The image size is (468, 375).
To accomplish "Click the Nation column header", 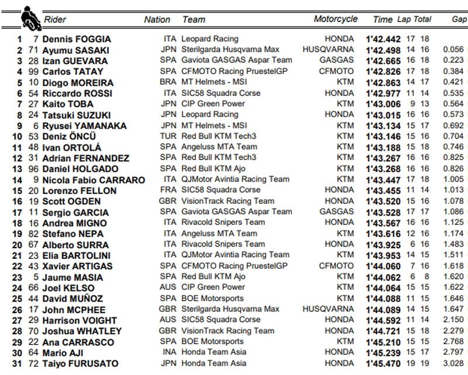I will tap(157, 19).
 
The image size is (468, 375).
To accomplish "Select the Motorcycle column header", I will tap(335, 19).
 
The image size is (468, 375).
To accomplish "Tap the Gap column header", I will tap(459, 19).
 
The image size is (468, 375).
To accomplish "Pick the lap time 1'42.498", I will tap(383, 50).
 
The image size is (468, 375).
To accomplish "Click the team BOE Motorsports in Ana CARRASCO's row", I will tap(213, 342).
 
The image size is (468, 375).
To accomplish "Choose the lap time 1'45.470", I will tap(383, 363).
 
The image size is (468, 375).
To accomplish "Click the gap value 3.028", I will tap(453, 363).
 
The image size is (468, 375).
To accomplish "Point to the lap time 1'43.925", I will tap(383, 244).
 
